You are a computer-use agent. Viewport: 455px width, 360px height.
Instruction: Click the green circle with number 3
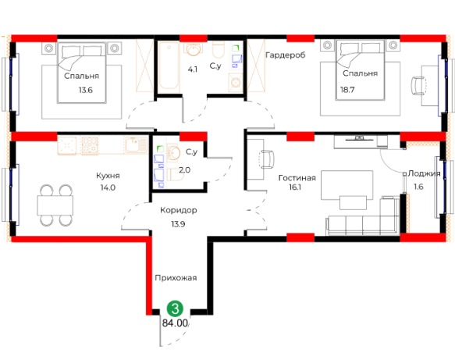pyautogui.click(x=176, y=308)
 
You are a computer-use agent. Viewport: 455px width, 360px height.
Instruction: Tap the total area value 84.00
pyautogui.click(x=175, y=323)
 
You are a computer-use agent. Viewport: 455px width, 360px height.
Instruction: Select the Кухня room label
pyautogui.click(x=108, y=176)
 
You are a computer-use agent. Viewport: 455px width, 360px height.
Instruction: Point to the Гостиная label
pyautogui.click(x=297, y=178)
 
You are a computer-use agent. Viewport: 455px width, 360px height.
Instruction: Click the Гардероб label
pyautogui.click(x=286, y=55)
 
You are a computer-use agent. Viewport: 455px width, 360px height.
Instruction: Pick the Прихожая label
pyautogui.click(x=176, y=278)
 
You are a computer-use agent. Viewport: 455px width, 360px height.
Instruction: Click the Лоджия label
pyautogui.click(x=424, y=173)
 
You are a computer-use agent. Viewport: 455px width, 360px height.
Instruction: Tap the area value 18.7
pyautogui.click(x=347, y=90)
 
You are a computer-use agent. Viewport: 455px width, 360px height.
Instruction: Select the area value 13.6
pyautogui.click(x=86, y=90)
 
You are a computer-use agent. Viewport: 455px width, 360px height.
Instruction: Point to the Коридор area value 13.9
pyautogui.click(x=178, y=224)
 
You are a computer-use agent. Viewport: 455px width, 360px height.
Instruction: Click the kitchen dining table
pyautogui.click(x=55, y=205)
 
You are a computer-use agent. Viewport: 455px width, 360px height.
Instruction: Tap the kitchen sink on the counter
pyautogui.click(x=136, y=144)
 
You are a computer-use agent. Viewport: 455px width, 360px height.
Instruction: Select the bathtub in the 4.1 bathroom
pyautogui.click(x=169, y=65)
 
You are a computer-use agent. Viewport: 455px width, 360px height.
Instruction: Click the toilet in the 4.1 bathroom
pyautogui.click(x=219, y=49)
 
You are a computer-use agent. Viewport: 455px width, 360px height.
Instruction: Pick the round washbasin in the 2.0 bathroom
pyautogui.click(x=173, y=151)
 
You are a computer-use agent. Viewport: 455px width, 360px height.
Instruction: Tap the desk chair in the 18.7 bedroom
pyautogui.click(x=418, y=85)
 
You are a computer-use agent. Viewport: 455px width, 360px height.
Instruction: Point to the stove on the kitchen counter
pyautogui.click(x=90, y=145)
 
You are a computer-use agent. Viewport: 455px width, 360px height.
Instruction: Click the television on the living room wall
pyautogui.click(x=359, y=138)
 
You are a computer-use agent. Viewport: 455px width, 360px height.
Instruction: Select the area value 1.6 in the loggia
pyautogui.click(x=418, y=187)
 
